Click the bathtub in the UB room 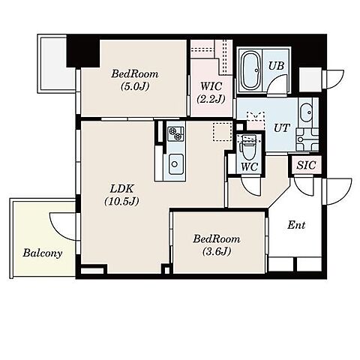point(250,70)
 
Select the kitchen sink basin point(175,164)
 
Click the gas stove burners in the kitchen point(175,133)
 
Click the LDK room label point(122,189)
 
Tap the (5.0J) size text point(135,86)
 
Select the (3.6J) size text point(217,251)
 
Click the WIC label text point(211,86)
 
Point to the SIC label point(306,165)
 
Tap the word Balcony point(43,253)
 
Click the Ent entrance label point(296,225)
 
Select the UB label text point(276,66)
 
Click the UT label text point(281,128)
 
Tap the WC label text point(250,166)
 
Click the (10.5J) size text point(121,201)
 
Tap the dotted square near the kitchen point(222,131)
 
